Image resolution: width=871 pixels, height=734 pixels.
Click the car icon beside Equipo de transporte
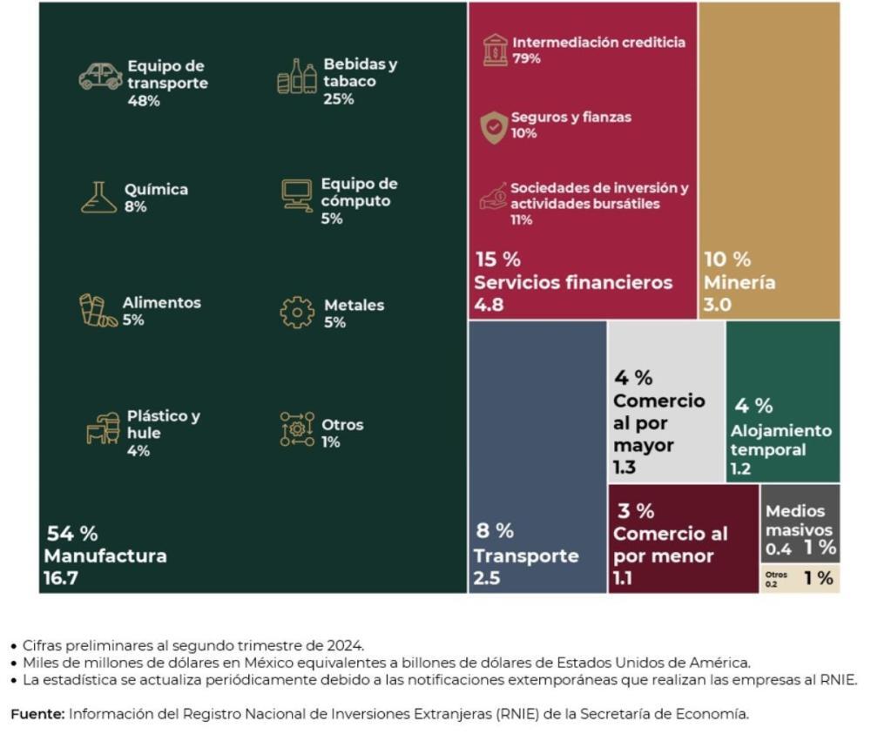(x=100, y=76)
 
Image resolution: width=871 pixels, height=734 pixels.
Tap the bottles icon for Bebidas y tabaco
(x=296, y=77)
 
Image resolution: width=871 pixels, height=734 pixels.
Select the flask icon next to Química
(x=98, y=198)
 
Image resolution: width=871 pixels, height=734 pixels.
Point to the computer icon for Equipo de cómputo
(x=297, y=195)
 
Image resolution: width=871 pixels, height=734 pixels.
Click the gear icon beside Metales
(x=297, y=313)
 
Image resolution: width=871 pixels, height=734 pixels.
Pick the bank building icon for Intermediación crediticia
(x=495, y=50)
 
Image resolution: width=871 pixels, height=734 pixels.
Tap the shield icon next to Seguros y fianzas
(x=494, y=127)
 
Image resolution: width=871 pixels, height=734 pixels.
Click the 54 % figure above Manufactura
(x=71, y=534)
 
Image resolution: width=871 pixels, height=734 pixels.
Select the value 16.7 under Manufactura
(x=61, y=576)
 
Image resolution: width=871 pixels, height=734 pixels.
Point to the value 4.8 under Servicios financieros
(x=489, y=305)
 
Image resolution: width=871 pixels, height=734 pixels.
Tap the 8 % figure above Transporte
(x=494, y=530)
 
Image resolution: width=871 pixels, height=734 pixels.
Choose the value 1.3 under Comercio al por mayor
(x=625, y=468)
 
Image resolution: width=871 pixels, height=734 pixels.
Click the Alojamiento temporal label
(x=780, y=440)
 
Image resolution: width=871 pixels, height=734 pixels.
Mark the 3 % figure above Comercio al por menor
(x=636, y=511)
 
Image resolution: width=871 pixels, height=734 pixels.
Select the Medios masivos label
(x=794, y=520)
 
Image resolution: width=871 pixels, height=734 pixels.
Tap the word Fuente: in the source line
(x=37, y=714)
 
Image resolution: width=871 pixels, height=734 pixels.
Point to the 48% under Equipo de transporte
(x=144, y=101)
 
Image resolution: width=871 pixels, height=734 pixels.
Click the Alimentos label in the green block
(x=161, y=303)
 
